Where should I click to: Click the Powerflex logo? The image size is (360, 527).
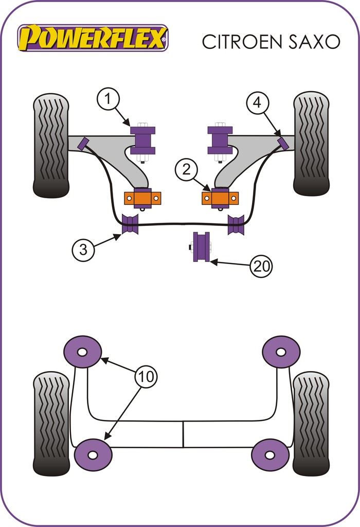coord(93,38)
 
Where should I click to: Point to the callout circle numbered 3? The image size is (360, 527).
coord(84,250)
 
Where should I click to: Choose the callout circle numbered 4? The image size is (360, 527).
coord(257,103)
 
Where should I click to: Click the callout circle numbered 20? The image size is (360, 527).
coord(261,266)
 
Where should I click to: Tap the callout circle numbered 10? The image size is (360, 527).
coord(147,377)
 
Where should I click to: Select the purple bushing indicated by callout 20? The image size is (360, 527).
coord(201,248)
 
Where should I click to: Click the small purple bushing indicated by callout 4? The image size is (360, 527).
coord(281,143)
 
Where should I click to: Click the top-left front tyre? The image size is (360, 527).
coord(51,145)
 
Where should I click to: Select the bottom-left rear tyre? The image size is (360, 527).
coord(51,423)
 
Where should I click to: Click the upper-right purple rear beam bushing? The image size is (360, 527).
coord(281,352)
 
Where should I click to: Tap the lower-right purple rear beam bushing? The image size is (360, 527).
coord(269,454)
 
